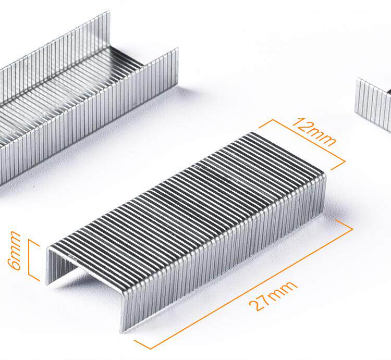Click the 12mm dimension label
[x=314, y=131]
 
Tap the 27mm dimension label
[x=273, y=296]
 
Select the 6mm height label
[x=14, y=251]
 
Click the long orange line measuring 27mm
[x=243, y=284]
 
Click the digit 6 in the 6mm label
[x=15, y=264]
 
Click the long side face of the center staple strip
[x=222, y=252]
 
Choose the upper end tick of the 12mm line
[x=266, y=123]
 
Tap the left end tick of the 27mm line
[x=143, y=345]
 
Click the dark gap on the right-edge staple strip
[x=388, y=92]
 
